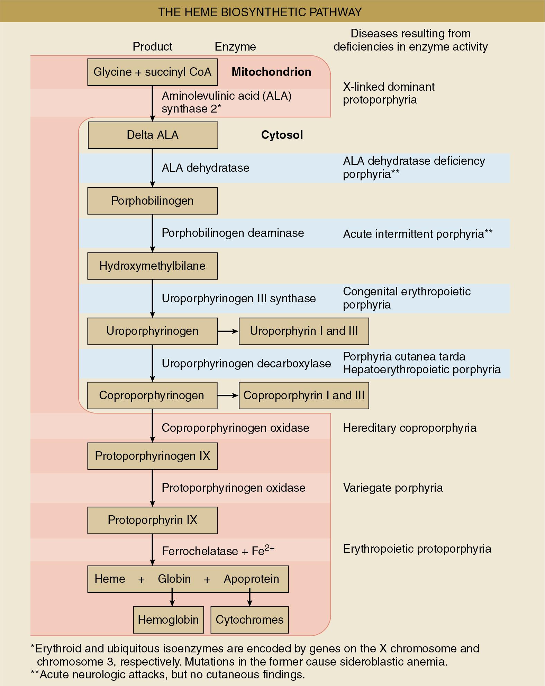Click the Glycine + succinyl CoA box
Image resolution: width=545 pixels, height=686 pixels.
pyautogui.click(x=152, y=72)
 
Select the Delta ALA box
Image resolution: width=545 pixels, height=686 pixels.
pyautogui.click(x=153, y=135)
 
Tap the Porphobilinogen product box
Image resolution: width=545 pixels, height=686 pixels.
pyautogui.click(x=152, y=201)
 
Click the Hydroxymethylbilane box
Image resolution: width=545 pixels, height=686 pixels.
pyautogui.click(x=152, y=266)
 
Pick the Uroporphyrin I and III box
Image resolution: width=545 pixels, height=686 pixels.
pyautogui.click(x=303, y=331)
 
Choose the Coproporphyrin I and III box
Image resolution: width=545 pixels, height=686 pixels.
pyautogui.click(x=303, y=395)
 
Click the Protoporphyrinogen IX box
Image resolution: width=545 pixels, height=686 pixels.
pyautogui.click(x=152, y=456)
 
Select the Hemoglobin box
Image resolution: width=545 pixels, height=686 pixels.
pyautogui.click(x=168, y=620)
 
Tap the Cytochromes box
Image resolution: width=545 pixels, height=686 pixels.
pyautogui.click(x=249, y=620)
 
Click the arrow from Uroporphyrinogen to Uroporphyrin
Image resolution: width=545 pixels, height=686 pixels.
pyautogui.click(x=228, y=331)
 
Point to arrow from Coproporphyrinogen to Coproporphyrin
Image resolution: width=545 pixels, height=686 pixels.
pyautogui.click(x=228, y=395)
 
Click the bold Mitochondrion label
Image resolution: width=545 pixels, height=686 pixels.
pyautogui.click(x=271, y=72)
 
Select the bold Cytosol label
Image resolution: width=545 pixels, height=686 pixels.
pyautogui.click(x=282, y=135)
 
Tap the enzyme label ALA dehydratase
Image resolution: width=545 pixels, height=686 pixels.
pyautogui.click(x=206, y=168)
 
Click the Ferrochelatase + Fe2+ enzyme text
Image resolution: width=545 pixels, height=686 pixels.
pyautogui.click(x=218, y=551)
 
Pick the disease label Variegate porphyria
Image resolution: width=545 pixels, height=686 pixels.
pyautogui.click(x=393, y=488)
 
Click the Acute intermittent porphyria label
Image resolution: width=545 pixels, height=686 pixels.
pyautogui.click(x=417, y=234)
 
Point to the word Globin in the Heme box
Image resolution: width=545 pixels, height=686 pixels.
pyautogui.click(x=174, y=579)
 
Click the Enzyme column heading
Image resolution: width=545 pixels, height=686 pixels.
pyautogui.click(x=235, y=47)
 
